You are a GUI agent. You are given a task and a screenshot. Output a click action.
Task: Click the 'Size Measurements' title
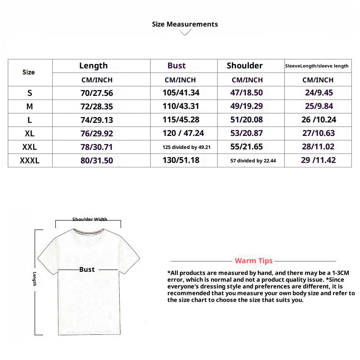point(185,24)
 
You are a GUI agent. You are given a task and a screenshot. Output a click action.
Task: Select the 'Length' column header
point(94,66)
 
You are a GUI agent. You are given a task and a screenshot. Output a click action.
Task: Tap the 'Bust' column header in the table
point(176,66)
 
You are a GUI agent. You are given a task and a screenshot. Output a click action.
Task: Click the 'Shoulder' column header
point(245,66)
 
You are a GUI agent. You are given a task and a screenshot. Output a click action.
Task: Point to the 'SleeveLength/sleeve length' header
point(317,66)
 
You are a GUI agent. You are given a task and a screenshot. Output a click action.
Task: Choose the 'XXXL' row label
point(30,160)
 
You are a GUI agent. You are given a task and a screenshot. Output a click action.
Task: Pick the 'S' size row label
point(30,93)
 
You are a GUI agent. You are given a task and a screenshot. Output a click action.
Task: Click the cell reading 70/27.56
point(97,93)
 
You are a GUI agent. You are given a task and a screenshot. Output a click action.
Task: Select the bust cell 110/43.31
point(180,107)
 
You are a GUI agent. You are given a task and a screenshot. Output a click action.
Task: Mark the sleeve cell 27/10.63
point(318,134)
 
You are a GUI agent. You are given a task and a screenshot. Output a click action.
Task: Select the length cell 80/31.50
point(97,160)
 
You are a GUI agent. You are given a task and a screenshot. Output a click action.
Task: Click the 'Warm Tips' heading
point(253,261)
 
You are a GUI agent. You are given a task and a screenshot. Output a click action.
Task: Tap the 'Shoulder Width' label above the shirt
point(90,220)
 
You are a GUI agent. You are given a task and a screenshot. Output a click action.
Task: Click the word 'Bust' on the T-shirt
point(87,269)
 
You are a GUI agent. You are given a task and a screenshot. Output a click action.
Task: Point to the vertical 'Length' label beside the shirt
point(34,279)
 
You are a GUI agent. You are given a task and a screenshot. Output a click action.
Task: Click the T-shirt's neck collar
point(88,233)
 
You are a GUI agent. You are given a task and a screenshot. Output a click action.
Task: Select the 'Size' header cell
point(28,72)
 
